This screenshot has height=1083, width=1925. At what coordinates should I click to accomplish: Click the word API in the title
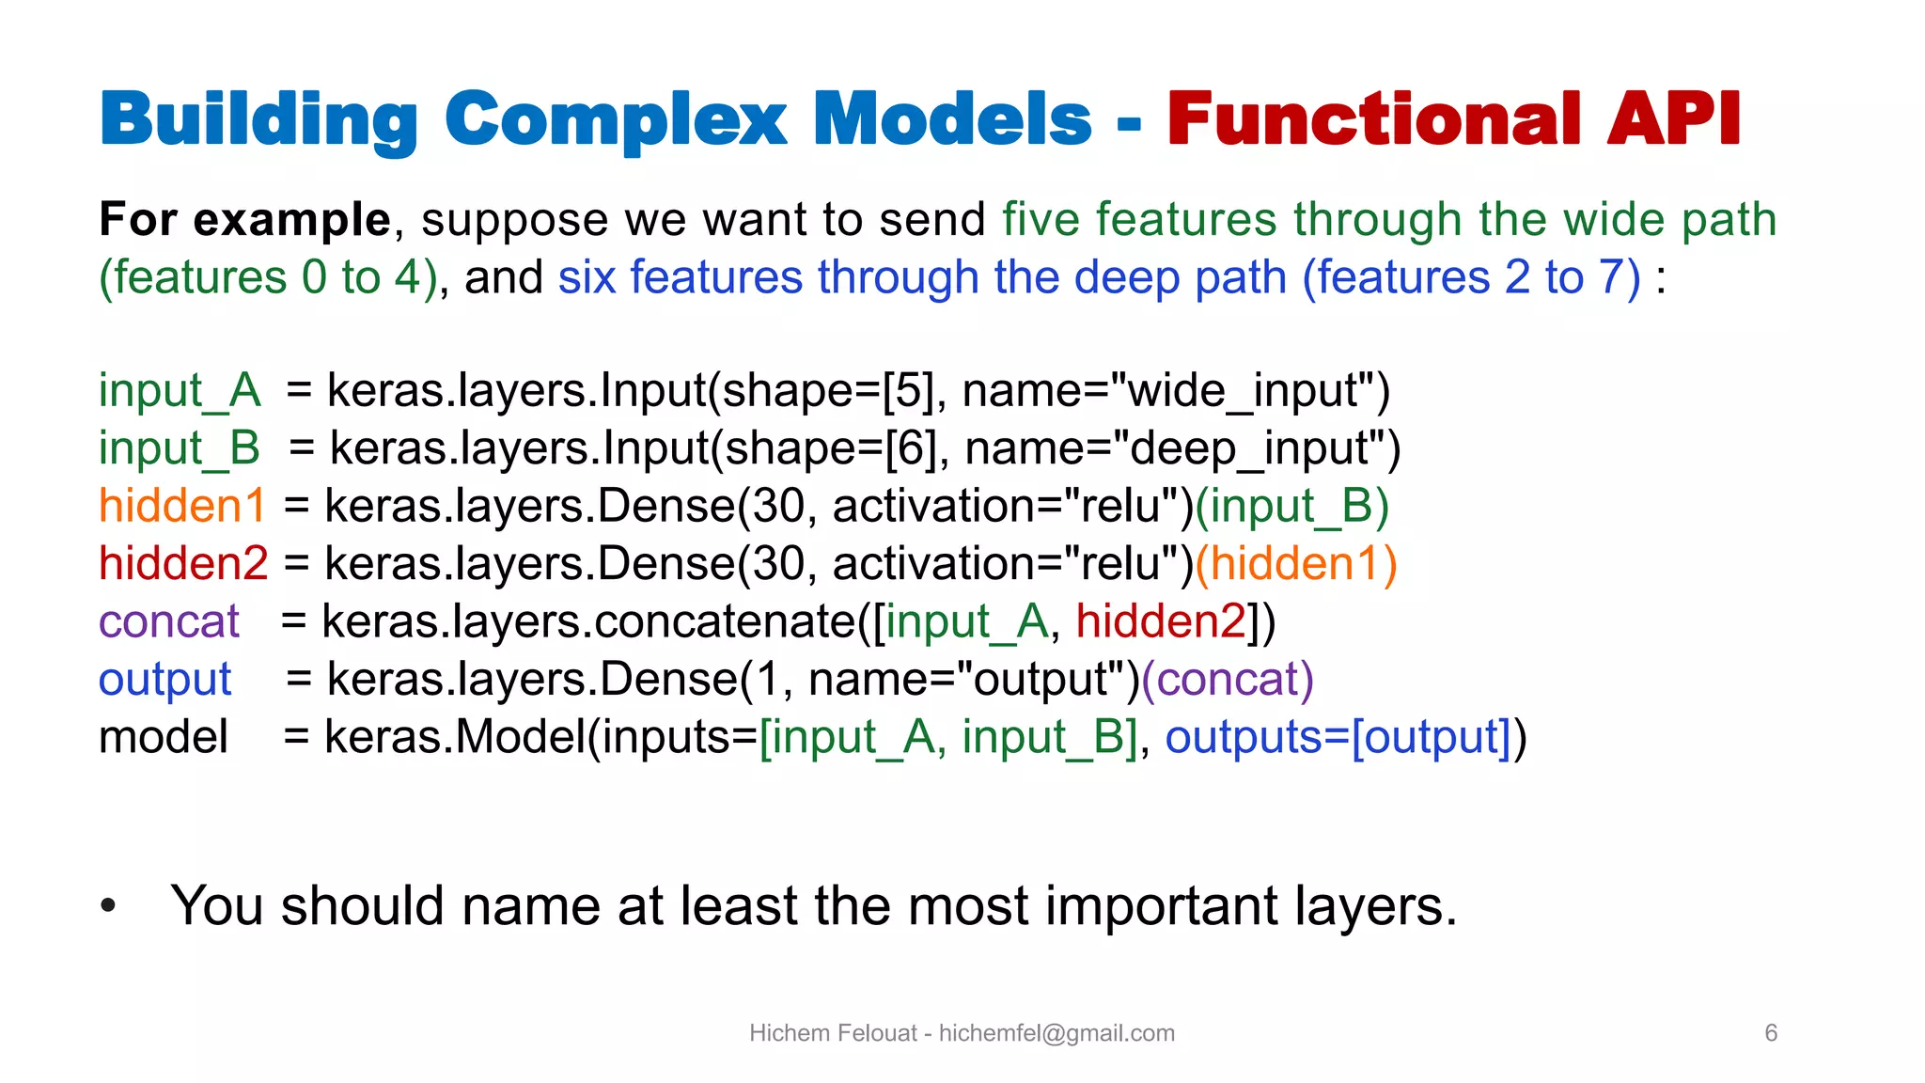tap(1673, 119)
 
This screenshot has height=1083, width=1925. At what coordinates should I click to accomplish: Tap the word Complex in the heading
tap(616, 121)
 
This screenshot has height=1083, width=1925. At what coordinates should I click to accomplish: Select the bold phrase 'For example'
tap(244, 220)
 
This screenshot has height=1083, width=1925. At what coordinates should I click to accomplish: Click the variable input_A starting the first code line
tap(180, 390)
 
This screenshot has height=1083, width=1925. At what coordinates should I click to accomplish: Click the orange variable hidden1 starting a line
tap(182, 506)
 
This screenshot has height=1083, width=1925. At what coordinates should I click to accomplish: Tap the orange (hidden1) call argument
tap(1296, 564)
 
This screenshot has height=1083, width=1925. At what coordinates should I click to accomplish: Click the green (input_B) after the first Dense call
tap(1291, 506)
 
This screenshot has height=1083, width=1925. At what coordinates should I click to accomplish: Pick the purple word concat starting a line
tap(169, 622)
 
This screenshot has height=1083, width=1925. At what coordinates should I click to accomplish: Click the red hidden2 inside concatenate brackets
tap(1160, 622)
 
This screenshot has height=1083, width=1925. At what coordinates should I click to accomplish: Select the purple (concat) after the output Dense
tap(1227, 680)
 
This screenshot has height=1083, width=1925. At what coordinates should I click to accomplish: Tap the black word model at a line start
tap(164, 738)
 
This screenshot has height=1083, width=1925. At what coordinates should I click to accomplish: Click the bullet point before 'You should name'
tap(109, 906)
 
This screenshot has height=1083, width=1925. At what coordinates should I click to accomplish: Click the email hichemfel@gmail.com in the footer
tap(1056, 1033)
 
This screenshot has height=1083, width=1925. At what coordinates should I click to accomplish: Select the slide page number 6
tap(1771, 1033)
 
